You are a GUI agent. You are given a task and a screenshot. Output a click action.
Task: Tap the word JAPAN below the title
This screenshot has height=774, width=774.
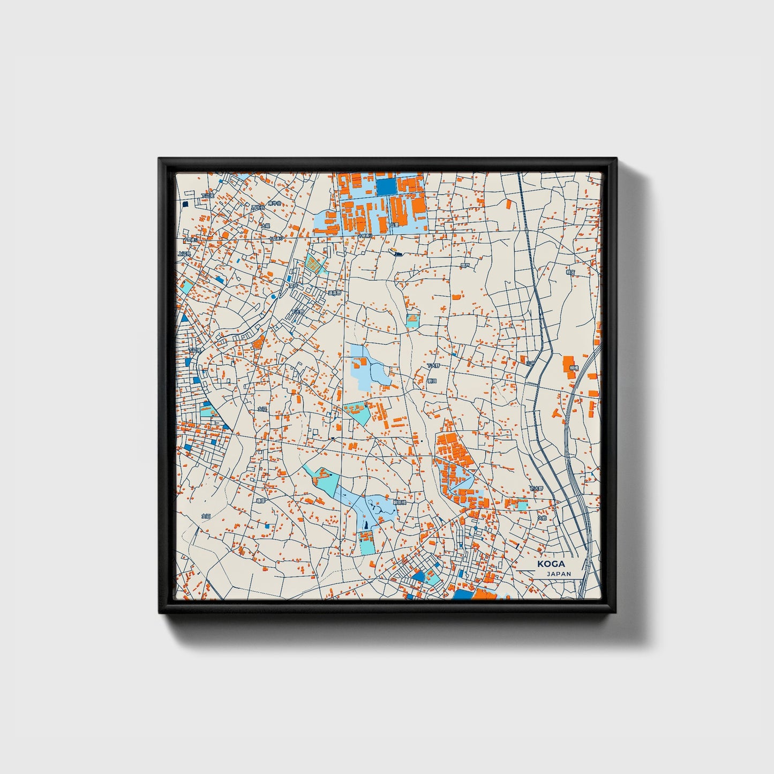click(559, 574)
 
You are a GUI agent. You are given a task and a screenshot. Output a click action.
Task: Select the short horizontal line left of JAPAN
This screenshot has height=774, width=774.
click(533, 573)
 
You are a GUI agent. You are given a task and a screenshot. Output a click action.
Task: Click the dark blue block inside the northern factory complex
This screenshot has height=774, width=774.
click(386, 186)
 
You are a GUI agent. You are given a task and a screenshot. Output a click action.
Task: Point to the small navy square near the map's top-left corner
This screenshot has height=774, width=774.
click(185, 204)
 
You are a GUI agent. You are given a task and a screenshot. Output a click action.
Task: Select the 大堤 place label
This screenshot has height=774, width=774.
click(265, 226)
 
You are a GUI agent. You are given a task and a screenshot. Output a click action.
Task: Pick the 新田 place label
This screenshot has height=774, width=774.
click(431, 381)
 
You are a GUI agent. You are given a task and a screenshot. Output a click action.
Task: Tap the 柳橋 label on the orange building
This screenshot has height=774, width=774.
click(574, 368)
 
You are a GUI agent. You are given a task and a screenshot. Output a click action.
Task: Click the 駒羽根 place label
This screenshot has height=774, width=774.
click(400, 503)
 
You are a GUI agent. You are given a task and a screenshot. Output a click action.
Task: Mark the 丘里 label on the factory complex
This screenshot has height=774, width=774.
click(394, 224)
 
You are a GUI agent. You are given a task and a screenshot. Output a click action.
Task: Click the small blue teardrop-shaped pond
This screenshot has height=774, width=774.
click(274, 296)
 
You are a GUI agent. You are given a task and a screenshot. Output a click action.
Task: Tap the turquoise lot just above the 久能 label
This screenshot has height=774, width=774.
click(518, 504)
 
